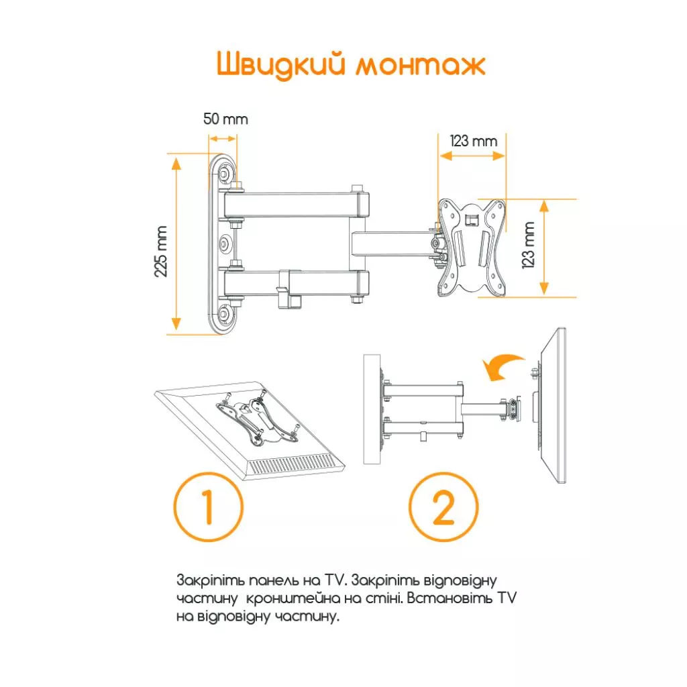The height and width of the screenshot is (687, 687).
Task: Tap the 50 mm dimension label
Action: (225, 119)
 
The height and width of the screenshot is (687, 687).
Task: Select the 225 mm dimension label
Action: (161, 252)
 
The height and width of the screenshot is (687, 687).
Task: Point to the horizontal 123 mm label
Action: (474, 141)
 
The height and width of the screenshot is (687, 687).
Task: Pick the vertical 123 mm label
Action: (529, 244)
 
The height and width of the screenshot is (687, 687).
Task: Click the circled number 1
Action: (209, 507)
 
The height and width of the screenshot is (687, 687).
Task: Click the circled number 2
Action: (444, 507)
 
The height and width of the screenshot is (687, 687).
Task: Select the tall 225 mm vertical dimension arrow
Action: (176, 244)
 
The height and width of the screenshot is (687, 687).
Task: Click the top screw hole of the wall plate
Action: (224, 174)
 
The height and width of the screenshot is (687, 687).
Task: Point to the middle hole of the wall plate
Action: (224, 243)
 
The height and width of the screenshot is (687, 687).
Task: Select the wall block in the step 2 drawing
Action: (372, 409)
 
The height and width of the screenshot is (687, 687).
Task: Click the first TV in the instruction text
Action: (334, 580)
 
